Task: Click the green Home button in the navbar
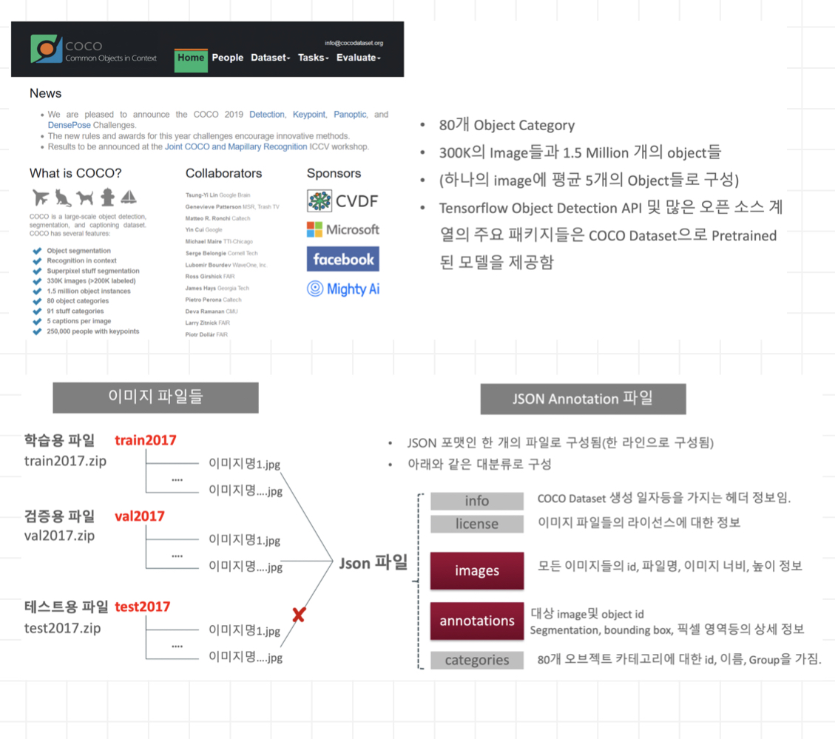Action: (x=191, y=58)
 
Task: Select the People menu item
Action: (x=227, y=58)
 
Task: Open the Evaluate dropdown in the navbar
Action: (x=358, y=58)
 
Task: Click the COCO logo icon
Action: (x=46, y=49)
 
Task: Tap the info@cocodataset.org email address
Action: (x=354, y=43)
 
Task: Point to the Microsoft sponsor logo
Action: (x=342, y=229)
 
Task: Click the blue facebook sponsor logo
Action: (x=342, y=259)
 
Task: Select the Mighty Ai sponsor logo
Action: (x=343, y=288)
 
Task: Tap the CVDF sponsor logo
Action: (x=342, y=201)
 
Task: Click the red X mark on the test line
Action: (x=299, y=614)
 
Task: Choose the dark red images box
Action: (x=477, y=570)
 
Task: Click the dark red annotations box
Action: (x=477, y=621)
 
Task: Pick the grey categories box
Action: (x=477, y=660)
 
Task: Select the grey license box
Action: (x=477, y=524)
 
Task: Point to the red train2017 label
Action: (x=146, y=440)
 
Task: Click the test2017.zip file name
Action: (x=62, y=628)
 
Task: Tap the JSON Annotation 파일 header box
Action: (x=583, y=399)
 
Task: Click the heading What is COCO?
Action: (x=75, y=173)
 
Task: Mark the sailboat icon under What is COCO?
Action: (x=129, y=198)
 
